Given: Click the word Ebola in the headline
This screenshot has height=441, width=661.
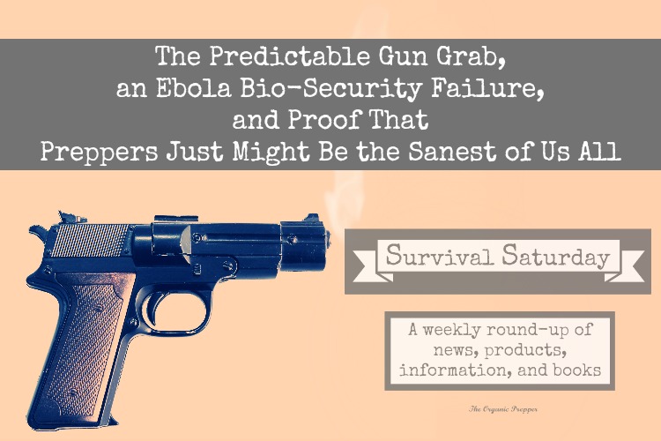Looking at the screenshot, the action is (x=194, y=88).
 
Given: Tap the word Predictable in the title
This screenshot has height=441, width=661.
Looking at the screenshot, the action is (x=290, y=56).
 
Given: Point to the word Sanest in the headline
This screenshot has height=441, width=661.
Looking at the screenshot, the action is (x=452, y=151).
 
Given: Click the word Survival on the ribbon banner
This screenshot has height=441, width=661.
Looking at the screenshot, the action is (x=439, y=255).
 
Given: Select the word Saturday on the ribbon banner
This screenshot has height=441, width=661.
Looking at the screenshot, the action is (x=556, y=256).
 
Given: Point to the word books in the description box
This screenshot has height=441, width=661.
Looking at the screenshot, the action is (x=576, y=370).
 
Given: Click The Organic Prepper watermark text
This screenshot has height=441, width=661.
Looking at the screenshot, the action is (x=503, y=408).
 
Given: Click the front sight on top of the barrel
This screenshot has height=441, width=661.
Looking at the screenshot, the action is (x=312, y=218).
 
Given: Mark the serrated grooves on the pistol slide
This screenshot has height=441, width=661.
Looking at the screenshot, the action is (x=89, y=240).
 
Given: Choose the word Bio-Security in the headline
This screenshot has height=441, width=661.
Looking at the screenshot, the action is (x=331, y=89).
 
